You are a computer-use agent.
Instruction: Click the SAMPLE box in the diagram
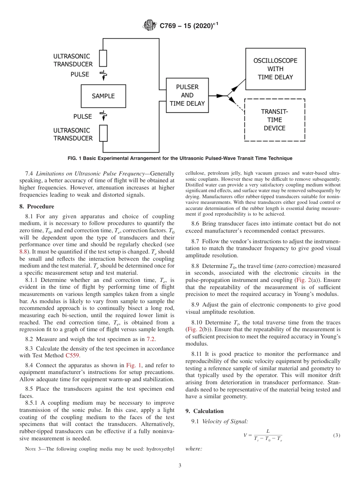point(103,96)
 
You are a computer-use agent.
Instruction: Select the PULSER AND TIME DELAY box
point(187,95)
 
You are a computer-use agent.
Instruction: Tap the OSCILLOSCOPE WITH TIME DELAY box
point(275,69)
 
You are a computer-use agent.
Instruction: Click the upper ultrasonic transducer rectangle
point(103,58)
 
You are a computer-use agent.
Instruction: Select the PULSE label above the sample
point(80,74)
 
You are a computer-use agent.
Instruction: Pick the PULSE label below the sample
point(83,116)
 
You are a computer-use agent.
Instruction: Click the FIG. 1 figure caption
point(180,158)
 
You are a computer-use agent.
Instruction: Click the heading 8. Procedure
point(37,207)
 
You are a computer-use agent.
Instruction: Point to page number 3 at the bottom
point(180,466)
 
